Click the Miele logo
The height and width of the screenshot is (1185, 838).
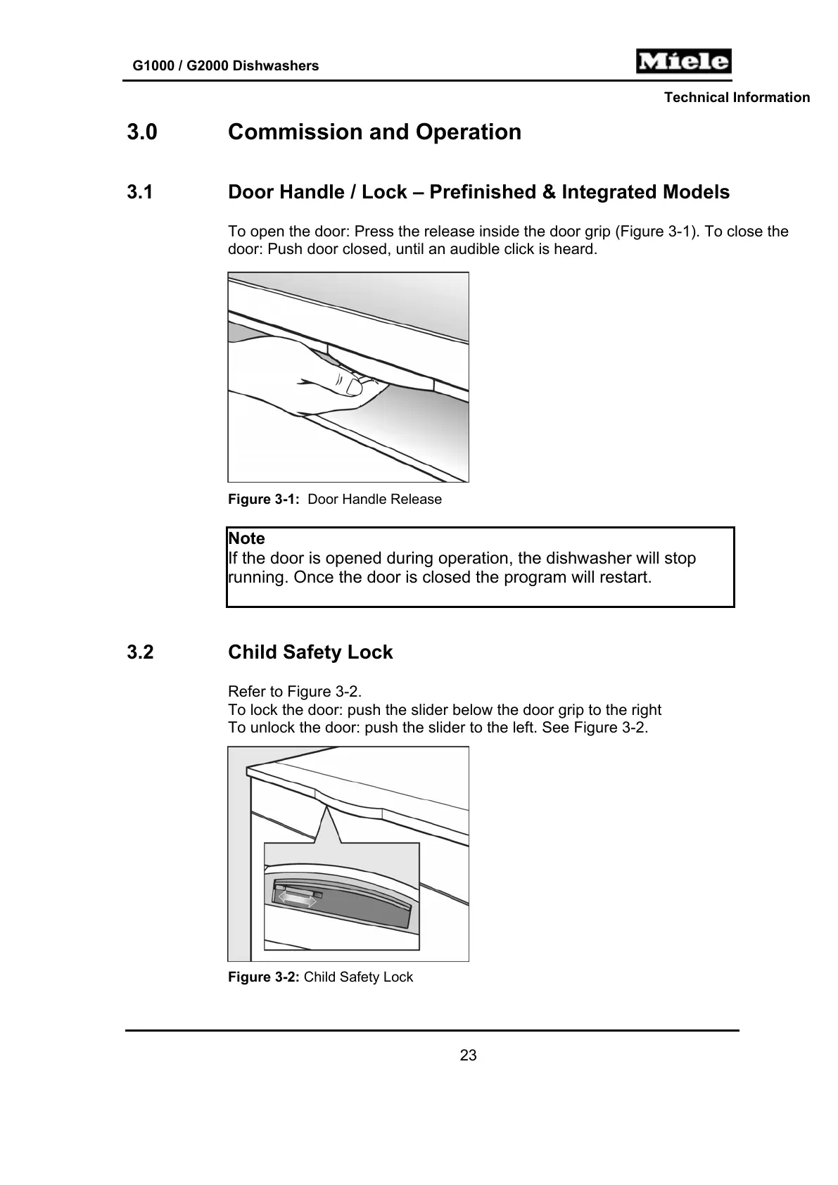(x=683, y=61)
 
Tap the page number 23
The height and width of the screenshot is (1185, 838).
(x=468, y=1056)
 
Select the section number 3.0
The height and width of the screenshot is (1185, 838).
(x=142, y=132)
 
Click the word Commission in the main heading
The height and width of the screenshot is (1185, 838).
(x=296, y=132)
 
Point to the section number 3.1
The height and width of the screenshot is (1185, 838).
(x=140, y=192)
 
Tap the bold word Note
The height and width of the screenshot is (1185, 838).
(x=246, y=539)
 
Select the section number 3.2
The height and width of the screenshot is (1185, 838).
(x=140, y=652)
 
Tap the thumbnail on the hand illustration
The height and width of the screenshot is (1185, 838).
(x=355, y=385)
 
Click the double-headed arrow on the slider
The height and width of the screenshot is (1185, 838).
(x=296, y=899)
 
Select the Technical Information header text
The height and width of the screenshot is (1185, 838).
(x=737, y=98)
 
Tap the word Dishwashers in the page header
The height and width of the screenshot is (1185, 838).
(x=275, y=66)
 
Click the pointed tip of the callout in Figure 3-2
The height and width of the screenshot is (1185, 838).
(x=326, y=808)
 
